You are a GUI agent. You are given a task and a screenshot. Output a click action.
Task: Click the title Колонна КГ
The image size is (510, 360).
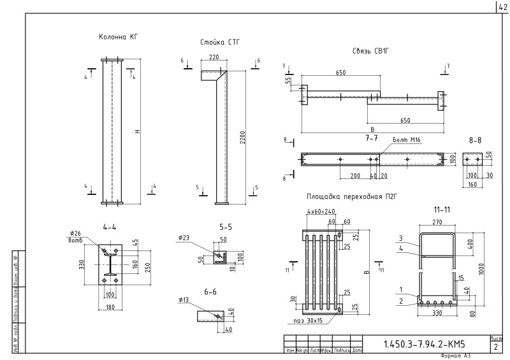118,37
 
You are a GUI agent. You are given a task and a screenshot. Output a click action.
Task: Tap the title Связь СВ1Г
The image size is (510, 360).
370,50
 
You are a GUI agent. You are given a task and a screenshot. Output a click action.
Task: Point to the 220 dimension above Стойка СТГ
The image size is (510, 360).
214,57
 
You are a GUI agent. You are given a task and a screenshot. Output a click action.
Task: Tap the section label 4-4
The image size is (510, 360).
109,226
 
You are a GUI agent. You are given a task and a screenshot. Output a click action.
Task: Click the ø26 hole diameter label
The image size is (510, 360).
93,233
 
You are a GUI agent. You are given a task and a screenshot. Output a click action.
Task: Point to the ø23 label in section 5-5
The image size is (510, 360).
185,238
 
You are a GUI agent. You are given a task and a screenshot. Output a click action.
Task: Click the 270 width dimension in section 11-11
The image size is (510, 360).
437,223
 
